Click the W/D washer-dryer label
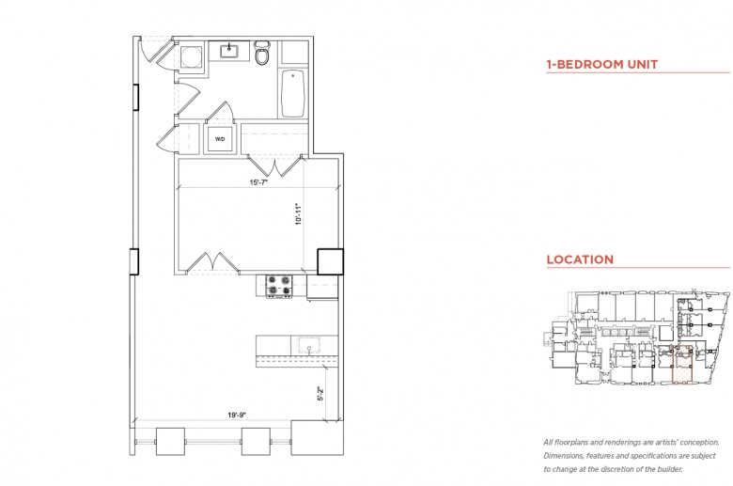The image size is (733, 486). [220, 139]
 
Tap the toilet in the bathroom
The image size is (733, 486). [262, 53]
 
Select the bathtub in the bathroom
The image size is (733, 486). [293, 94]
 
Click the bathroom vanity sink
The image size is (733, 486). [229, 51]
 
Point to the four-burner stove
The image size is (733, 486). [279, 286]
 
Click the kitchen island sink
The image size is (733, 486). [309, 345]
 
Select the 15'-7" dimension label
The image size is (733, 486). [257, 182]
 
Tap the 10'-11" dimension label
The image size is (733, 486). [299, 214]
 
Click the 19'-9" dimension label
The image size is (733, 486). [237, 415]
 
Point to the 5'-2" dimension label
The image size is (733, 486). [320, 393]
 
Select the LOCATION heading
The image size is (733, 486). [580, 259]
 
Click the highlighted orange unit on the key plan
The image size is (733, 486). [683, 366]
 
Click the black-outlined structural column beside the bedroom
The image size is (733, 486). [330, 261]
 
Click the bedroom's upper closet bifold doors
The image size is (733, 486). [274, 165]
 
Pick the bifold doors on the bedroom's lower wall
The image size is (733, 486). [212, 262]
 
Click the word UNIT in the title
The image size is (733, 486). [642, 65]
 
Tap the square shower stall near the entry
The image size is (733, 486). [191, 56]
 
